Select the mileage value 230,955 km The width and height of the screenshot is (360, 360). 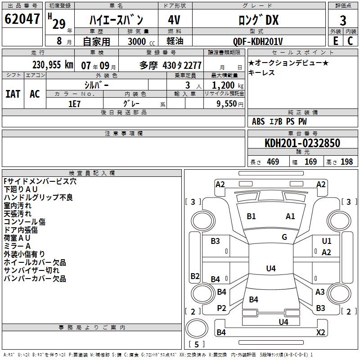53,65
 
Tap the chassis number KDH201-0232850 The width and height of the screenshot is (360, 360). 302,143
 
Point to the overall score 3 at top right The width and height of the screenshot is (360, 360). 343,20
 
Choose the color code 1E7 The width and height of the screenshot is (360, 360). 74,103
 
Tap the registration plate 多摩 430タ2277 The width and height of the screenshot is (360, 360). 170,65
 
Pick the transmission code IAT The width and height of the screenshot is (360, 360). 13,94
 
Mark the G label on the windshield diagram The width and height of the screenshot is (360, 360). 284,237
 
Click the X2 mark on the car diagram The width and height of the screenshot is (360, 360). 321,333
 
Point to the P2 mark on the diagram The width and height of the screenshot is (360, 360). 221,308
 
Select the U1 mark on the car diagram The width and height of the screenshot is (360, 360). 327,241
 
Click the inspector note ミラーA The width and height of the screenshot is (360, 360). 17,246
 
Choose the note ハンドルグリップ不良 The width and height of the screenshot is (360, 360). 38,197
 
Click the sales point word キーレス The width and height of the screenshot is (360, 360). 261,73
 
